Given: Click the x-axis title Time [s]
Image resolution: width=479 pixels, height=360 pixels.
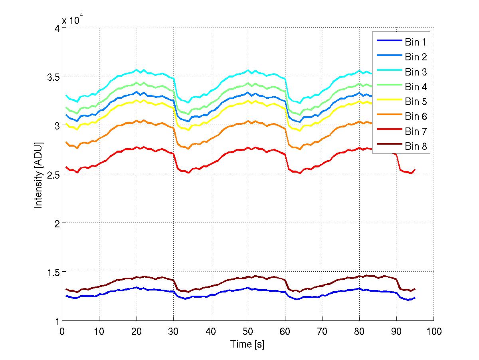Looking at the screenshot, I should click(247, 344).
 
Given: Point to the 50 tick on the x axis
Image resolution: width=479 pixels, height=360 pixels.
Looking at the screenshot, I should click(247, 332).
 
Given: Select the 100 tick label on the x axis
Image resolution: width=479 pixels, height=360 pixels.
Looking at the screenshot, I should click(433, 332).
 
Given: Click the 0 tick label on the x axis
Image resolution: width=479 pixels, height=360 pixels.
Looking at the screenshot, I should click(62, 332).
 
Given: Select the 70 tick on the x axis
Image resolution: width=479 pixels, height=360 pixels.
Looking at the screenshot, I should click(322, 332).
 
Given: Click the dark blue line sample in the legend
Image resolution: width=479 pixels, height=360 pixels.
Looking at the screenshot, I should click(388, 42).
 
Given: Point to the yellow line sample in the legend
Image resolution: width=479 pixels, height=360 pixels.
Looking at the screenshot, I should click(388, 101).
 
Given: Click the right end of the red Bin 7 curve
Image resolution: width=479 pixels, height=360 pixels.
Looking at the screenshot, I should click(415, 170).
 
